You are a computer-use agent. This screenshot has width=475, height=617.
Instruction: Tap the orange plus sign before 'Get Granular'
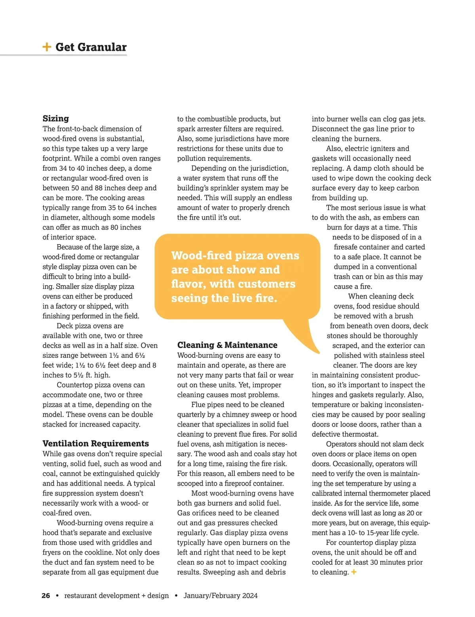tap(47, 47)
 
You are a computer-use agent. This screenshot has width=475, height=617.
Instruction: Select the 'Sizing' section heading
tap(56, 118)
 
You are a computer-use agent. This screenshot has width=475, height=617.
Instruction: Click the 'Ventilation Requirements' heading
tap(96, 444)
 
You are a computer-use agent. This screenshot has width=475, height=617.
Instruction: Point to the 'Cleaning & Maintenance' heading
tap(227, 345)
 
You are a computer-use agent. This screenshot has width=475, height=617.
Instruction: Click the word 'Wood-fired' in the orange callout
tap(196, 256)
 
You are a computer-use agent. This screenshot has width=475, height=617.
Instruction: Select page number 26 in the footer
tap(46, 596)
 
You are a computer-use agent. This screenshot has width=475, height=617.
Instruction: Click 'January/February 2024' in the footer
tap(220, 596)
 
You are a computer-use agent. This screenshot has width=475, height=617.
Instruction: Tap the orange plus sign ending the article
tap(354, 572)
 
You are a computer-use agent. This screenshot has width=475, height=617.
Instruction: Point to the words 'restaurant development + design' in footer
tap(116, 596)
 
